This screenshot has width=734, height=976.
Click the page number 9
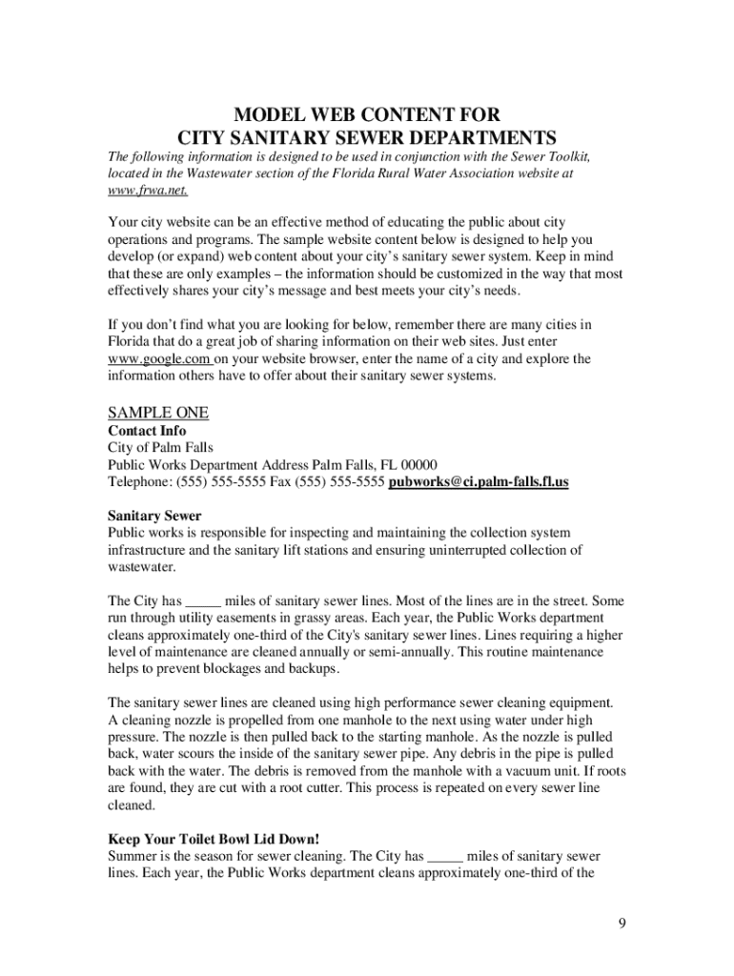pos(620,924)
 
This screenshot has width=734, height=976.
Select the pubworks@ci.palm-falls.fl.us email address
pos(479,482)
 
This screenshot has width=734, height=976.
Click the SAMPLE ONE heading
pos(158,413)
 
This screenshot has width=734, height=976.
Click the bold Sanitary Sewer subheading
pos(154,517)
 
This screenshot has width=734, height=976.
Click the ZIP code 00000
pos(418,465)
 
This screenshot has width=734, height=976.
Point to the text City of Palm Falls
pos(160,448)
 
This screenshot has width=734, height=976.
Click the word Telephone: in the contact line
pos(139,482)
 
